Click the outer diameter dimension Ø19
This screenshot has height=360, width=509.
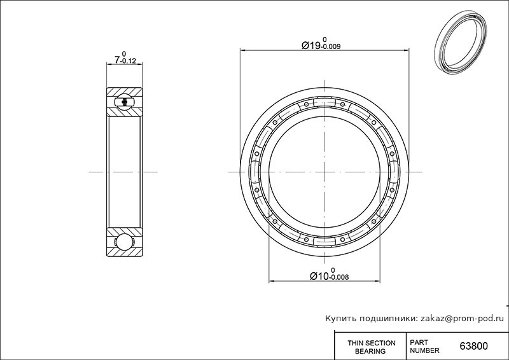(310, 45)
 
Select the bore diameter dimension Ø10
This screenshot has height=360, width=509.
(320, 276)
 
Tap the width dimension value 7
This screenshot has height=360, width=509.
(118, 59)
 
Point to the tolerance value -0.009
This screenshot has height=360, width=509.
(330, 46)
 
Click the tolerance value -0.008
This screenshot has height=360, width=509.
(339, 277)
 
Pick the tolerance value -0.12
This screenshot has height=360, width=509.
(129, 61)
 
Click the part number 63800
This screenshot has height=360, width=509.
(473, 346)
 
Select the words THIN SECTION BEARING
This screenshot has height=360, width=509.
(371, 347)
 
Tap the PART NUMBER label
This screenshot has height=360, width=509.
(424, 347)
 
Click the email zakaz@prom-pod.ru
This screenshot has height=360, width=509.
(463, 319)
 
